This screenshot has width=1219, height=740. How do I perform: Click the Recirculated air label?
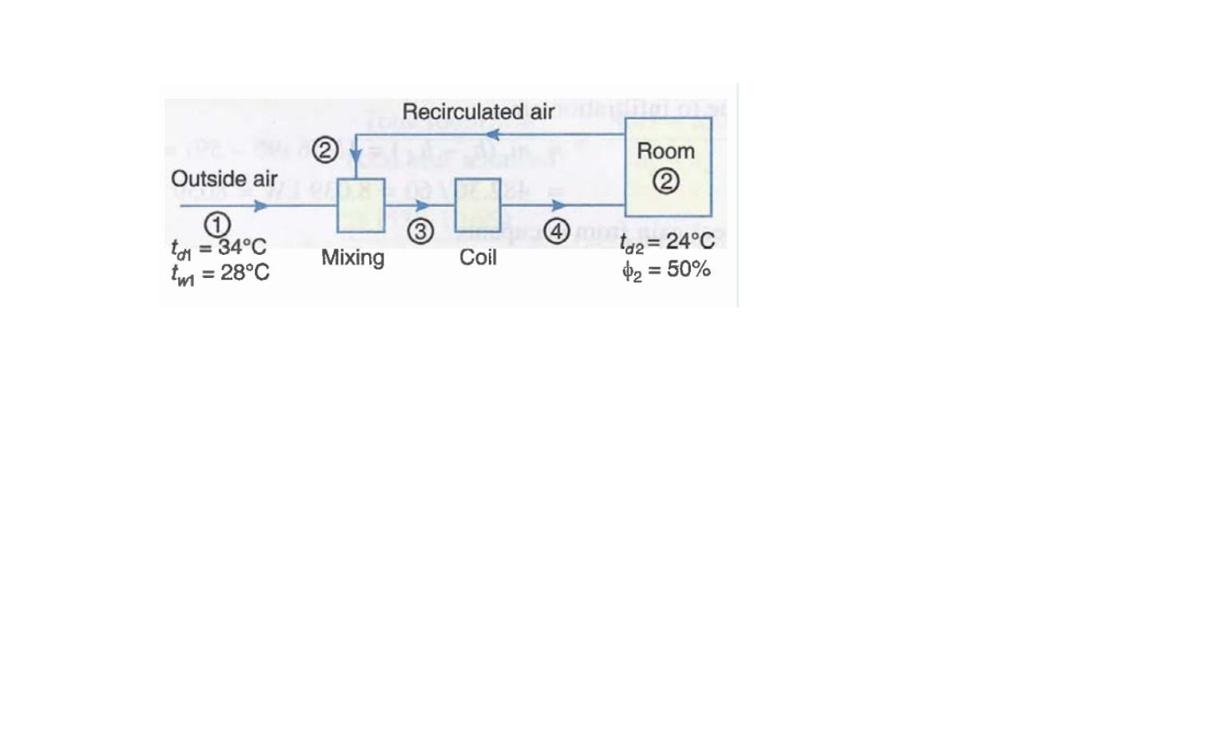478,112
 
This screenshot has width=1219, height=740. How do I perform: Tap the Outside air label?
224,179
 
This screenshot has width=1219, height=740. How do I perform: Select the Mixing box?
361,205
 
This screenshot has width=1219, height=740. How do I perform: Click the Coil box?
478,205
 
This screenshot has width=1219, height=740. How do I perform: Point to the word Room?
665,151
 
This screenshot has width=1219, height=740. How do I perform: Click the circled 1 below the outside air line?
217,225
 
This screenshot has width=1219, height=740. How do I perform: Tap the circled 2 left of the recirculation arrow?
325,150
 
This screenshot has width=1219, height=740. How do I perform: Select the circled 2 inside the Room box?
666,181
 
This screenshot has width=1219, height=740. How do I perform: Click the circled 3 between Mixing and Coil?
421,231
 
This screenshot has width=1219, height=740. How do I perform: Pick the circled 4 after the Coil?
557,231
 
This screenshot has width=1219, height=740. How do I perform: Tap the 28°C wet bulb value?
244,273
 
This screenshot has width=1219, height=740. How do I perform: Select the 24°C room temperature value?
690,241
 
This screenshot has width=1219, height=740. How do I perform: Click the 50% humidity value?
689,269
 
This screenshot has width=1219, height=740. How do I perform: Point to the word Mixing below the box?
353,257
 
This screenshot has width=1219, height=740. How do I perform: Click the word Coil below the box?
478,257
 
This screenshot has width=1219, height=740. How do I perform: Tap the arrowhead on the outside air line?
261,206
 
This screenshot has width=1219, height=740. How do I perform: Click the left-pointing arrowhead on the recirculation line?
493,134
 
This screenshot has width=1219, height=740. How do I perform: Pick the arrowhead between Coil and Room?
559,205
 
